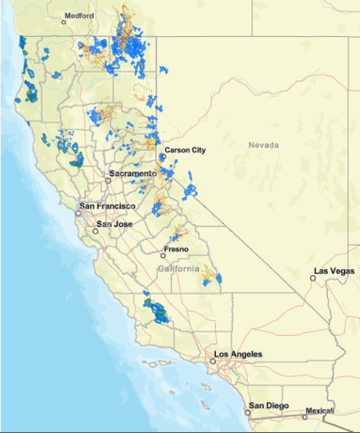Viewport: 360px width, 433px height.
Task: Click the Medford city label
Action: point(79,16)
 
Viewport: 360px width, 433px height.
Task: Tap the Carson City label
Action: point(185,150)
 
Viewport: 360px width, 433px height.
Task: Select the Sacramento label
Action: point(133,174)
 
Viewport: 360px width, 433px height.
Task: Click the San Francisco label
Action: point(107,206)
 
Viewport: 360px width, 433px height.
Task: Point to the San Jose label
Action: point(114,224)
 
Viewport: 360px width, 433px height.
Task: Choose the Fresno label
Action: point(176,250)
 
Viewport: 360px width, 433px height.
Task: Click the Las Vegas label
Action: point(334,271)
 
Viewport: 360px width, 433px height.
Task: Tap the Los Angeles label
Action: point(238,354)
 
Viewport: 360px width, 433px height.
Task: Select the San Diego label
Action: point(268,405)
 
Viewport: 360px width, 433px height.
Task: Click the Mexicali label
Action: point(321,411)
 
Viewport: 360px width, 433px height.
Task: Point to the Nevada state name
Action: point(263,145)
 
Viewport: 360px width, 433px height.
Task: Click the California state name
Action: point(179,268)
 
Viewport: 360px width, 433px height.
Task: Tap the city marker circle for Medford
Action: point(64,22)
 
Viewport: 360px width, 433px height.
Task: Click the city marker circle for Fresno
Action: point(164,255)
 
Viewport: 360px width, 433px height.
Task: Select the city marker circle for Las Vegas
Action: point(313,278)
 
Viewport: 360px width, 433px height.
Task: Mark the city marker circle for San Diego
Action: point(248,412)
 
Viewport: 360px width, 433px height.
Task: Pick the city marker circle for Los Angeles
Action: point(213,362)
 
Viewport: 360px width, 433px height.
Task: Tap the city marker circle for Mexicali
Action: point(304,417)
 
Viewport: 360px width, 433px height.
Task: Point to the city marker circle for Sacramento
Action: point(108,180)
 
